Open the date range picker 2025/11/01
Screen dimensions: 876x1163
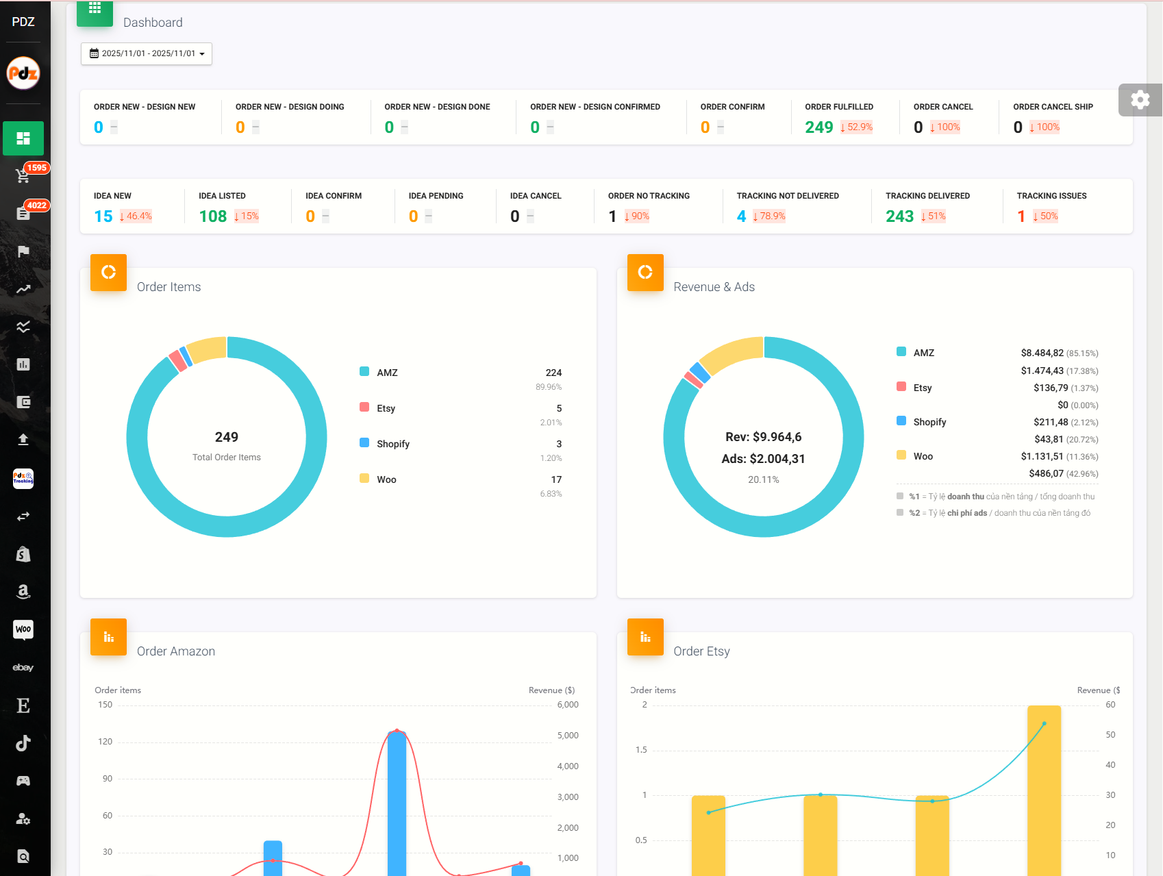(147, 53)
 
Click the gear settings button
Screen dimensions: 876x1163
(1140, 100)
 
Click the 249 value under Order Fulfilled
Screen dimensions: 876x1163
(818, 127)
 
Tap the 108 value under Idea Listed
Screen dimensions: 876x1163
(212, 216)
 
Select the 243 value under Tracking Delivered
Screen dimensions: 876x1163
(899, 216)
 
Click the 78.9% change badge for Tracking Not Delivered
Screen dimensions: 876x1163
(769, 216)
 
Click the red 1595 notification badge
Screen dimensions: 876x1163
(36, 168)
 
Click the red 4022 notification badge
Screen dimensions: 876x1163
(36, 205)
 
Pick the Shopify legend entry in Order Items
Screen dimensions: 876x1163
(392, 444)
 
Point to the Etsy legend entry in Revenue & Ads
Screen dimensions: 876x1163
(922, 388)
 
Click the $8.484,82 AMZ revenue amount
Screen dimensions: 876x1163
(1042, 353)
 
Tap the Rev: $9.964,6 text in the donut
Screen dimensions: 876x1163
(763, 437)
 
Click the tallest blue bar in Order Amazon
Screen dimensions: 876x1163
(397, 801)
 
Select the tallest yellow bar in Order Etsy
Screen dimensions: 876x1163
(1044, 788)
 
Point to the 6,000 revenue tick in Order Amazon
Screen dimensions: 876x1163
(568, 705)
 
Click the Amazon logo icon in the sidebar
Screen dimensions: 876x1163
(23, 592)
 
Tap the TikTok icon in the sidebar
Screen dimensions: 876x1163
(23, 743)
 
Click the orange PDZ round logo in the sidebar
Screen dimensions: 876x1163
(23, 73)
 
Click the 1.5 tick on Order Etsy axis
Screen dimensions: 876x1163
(641, 750)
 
